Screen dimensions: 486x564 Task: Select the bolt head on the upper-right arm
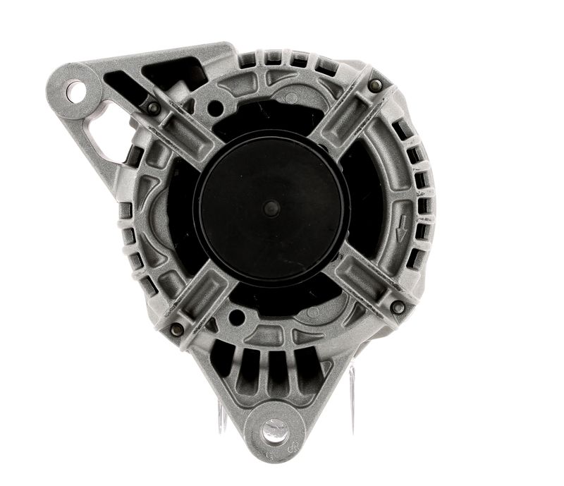pos(375,85)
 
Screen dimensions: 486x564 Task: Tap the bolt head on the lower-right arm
pos(398,307)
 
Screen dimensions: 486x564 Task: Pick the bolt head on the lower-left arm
pos(176,329)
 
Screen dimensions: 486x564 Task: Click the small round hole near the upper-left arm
pos(216,107)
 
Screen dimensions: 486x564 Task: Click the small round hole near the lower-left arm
pos(235,317)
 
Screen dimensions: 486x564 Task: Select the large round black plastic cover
pos(271,198)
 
